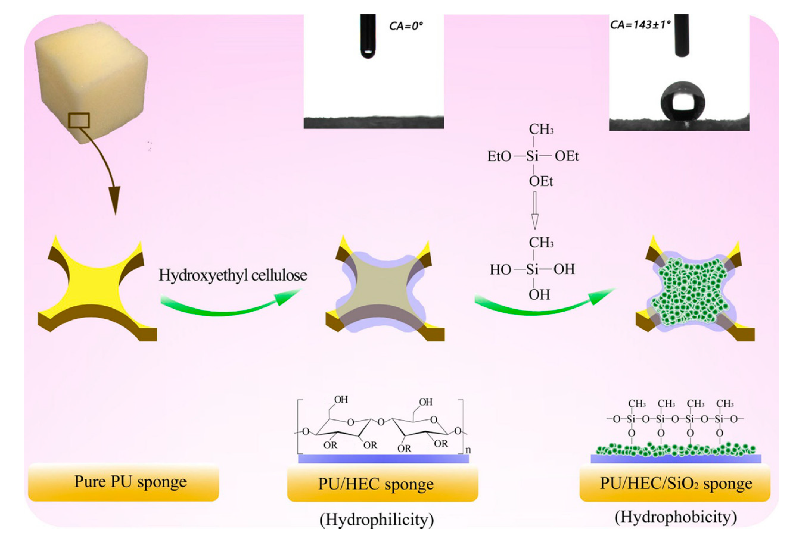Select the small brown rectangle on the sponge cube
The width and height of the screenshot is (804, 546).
point(79,120)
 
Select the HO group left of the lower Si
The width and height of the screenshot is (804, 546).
point(500,270)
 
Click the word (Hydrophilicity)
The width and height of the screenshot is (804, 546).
point(376,519)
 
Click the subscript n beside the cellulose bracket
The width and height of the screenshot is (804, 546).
point(468,450)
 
